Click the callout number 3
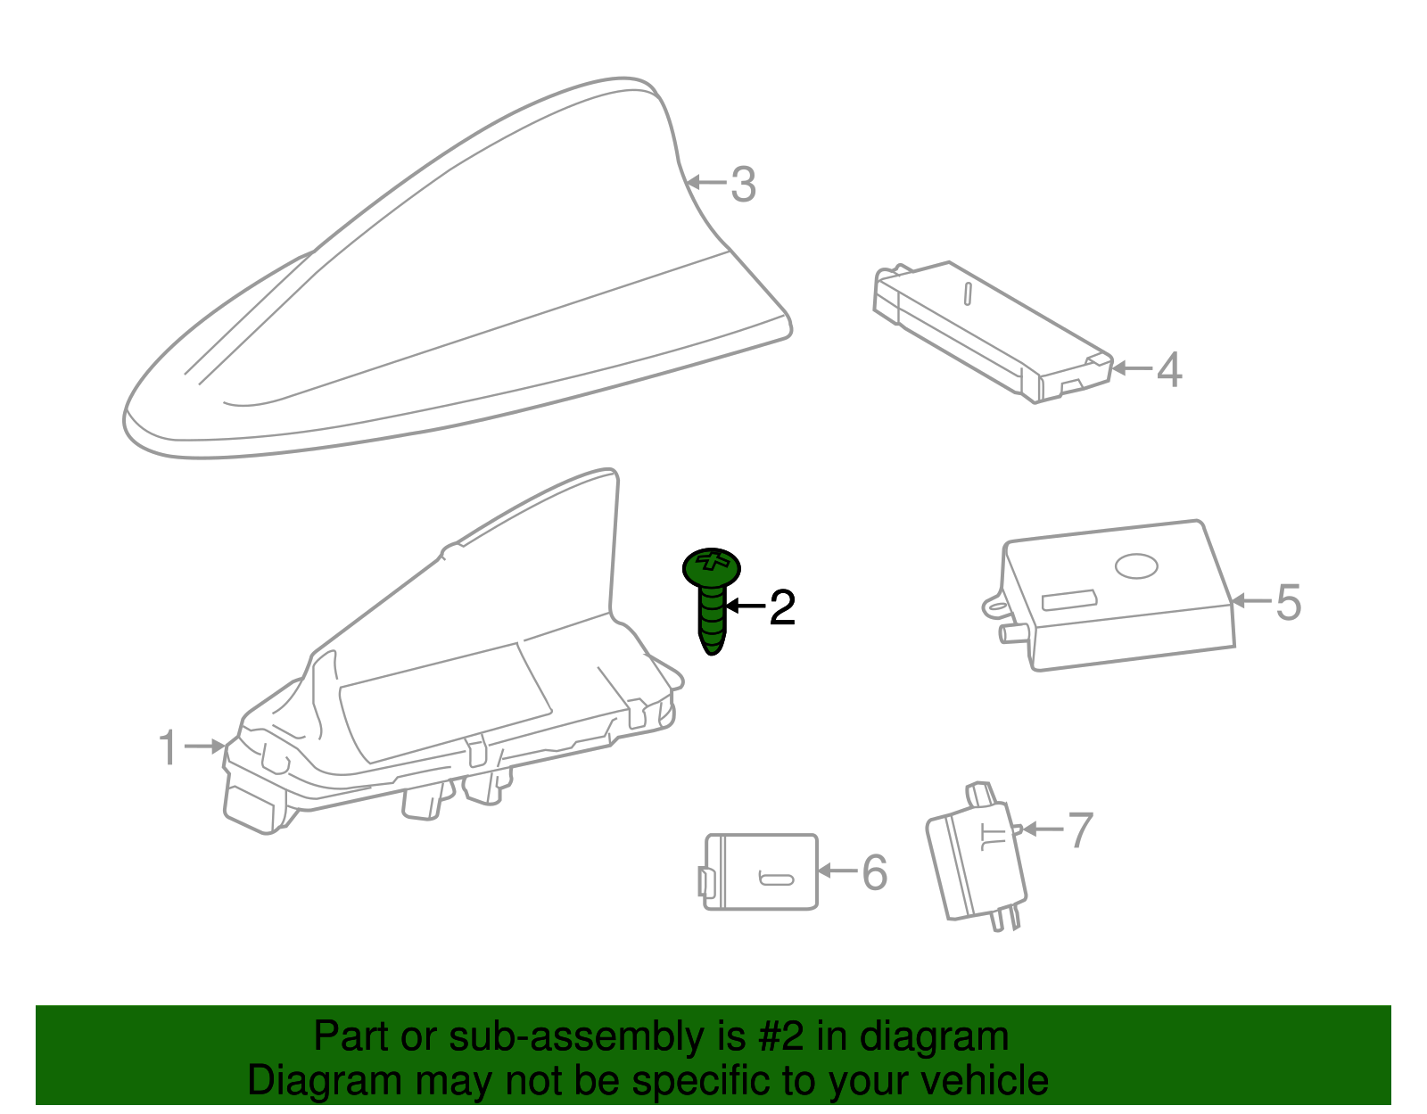coord(744,185)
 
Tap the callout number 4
coord(1169,369)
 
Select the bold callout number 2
coord(782,607)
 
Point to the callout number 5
coord(1288,602)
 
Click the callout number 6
coord(875,872)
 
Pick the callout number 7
coord(1080,829)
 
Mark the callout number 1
coord(168,747)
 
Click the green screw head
coord(712,568)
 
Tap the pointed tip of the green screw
coord(713,653)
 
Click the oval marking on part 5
coord(1137,565)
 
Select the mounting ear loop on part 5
coord(994,606)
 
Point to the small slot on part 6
coord(776,879)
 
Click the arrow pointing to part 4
coord(1133,368)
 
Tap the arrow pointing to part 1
coord(205,746)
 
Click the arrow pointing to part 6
coord(838,871)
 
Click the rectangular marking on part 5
coord(1069,600)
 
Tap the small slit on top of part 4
coord(968,294)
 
